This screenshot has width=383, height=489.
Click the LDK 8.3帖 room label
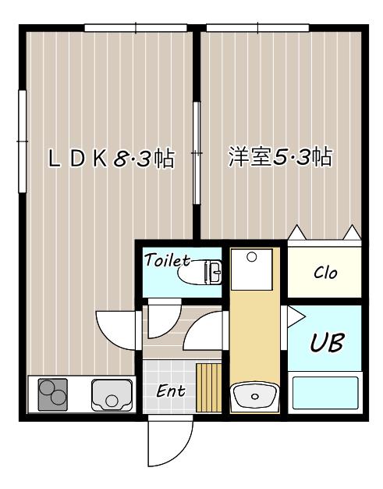coord(112,158)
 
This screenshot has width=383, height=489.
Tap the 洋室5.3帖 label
coord(280,157)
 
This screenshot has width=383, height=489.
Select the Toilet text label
coord(167,260)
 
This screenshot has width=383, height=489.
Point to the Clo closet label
coord(325,273)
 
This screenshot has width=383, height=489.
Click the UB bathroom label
coord(328,342)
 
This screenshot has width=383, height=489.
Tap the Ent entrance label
coord(171,391)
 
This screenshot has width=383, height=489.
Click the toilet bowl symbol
coord(200,273)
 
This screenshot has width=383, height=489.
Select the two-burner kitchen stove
coord(52,394)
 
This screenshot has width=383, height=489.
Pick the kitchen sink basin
coord(112,395)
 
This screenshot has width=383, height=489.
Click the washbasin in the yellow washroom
coord(255,395)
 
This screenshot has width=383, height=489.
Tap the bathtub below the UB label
coord(325,393)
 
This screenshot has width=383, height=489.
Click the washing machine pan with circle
coord(252,269)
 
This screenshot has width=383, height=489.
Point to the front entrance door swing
coord(170,441)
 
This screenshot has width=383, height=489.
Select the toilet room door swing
coord(165,319)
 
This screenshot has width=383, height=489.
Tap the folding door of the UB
coord(294,316)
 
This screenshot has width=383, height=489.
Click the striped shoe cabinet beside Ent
coord(208,387)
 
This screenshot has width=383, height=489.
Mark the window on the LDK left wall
coord(22,141)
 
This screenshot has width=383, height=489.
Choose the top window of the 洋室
coord(257,28)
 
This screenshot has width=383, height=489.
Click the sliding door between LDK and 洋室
coord(197,153)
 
